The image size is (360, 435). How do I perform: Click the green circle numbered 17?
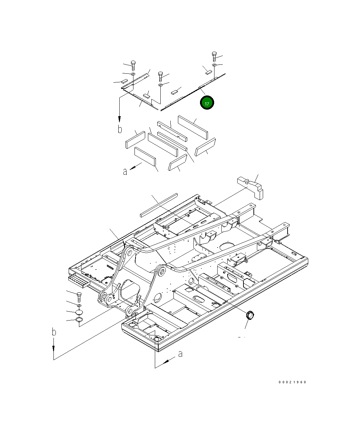coord(207,103)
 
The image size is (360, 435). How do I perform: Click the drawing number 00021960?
coord(293,382)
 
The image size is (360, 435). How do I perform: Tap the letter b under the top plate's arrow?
coord(120,129)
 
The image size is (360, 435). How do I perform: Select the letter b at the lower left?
coord(54,332)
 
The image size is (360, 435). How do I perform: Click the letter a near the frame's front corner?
coord(180,354)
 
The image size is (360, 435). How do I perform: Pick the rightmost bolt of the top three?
coord(214,56)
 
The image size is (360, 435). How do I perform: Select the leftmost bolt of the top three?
coord(133,65)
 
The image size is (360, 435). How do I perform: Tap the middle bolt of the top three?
coord(160,76)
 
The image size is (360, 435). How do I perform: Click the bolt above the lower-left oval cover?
coord(79,296)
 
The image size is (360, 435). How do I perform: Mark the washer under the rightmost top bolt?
coord(214,65)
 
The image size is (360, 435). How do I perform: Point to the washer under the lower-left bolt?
coord(79,306)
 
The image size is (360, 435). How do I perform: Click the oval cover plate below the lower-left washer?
coord(79,312)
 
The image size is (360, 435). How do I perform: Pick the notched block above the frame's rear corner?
coord(251,186)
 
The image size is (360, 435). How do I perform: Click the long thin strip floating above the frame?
coord(159,205)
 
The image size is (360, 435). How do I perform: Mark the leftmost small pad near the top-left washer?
coord(123,82)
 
